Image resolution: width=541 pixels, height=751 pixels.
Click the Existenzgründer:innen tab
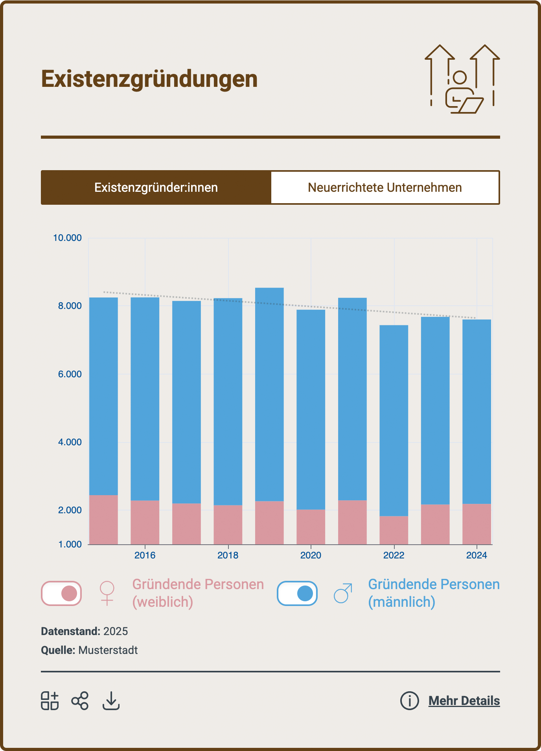pyautogui.click(x=156, y=187)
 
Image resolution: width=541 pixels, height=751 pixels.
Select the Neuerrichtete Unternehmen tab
pyautogui.click(x=385, y=187)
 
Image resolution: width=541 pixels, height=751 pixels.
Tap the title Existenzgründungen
pyautogui.click(x=149, y=79)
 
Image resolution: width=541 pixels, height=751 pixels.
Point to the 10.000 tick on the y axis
pyautogui.click(x=68, y=238)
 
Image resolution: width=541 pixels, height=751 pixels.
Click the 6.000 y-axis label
pyautogui.click(x=70, y=374)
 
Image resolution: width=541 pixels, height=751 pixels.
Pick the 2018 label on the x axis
pyautogui.click(x=228, y=555)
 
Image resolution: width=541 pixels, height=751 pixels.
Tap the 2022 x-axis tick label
pyautogui.click(x=394, y=555)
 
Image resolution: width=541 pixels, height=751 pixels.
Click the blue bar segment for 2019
pyautogui.click(x=269, y=393)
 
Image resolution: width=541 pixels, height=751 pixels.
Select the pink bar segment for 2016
pyautogui.click(x=145, y=522)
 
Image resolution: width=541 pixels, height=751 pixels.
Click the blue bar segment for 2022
pyautogui.click(x=394, y=420)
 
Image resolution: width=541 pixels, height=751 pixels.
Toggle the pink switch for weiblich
pyautogui.click(x=61, y=593)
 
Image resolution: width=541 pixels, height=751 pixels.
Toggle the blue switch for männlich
pyautogui.click(x=297, y=593)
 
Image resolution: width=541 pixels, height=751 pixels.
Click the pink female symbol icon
pyautogui.click(x=107, y=593)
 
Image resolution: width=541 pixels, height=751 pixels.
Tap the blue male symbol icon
pyautogui.click(x=343, y=593)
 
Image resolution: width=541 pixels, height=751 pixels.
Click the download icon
pyautogui.click(x=111, y=701)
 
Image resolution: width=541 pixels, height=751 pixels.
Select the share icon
pyautogui.click(x=80, y=701)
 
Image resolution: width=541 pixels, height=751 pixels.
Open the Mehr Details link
pyautogui.click(x=464, y=701)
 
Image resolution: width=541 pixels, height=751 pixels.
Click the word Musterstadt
pyautogui.click(x=108, y=650)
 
